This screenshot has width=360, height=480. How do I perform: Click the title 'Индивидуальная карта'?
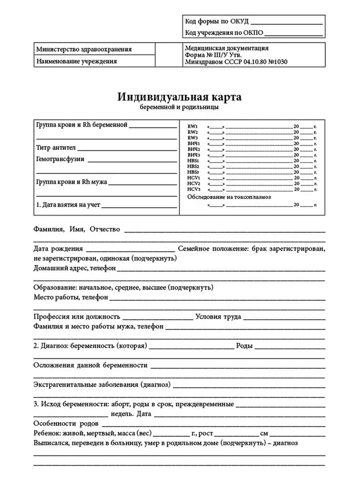[180, 97]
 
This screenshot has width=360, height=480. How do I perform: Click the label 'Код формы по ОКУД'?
[216, 22]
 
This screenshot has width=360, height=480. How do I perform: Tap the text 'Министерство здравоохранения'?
[84, 50]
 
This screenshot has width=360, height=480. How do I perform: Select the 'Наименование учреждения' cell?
[76, 61]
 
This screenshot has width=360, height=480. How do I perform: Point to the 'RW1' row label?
[193, 126]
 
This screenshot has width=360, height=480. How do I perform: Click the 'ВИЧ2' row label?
[193, 149]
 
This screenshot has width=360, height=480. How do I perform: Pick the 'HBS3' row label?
[193, 171]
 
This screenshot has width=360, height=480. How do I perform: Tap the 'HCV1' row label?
[193, 177]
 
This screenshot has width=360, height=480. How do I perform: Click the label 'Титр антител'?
[56, 148]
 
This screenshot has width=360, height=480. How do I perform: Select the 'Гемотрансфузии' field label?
[60, 159]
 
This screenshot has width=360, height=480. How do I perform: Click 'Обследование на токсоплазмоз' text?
[229, 197]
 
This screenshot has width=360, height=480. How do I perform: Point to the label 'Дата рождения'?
[58, 249]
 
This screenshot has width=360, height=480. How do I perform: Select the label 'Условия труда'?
[218, 317]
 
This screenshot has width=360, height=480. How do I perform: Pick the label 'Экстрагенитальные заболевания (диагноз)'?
[102, 385]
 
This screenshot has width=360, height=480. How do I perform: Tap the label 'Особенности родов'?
[66, 424]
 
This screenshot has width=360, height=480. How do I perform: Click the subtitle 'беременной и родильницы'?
[180, 107]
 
